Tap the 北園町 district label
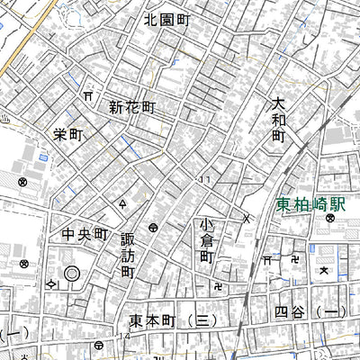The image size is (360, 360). pyautogui.click(x=167, y=18)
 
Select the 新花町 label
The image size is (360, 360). pyautogui.click(x=133, y=107)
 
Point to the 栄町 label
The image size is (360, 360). pyautogui.click(x=67, y=134)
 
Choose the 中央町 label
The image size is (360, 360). pyautogui.click(x=85, y=236)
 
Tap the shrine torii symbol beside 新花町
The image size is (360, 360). pyautogui.click(x=88, y=94)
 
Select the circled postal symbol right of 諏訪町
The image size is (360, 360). pyautogui.click(x=154, y=228)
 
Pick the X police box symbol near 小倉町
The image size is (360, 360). pyautogui.click(x=246, y=218)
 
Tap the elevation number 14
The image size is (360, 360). pyautogui.click(x=122, y=335)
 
